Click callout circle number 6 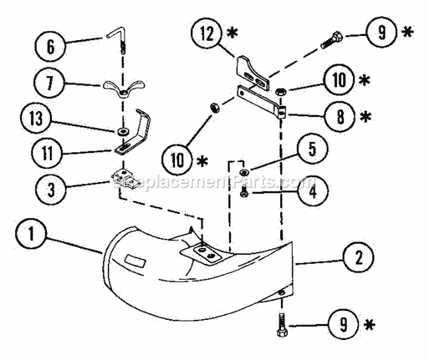tap(51, 46)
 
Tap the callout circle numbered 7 tap(49, 82)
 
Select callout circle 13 tap(36, 118)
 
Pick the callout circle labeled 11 tap(47, 152)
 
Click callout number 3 tap(51, 189)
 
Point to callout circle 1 tap(31, 234)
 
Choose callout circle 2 tap(359, 258)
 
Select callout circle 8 tap(340, 117)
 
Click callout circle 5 tap(312, 149)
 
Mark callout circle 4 tap(312, 191)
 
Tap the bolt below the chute tap(282, 326)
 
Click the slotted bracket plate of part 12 tap(252, 73)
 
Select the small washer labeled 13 tap(120, 132)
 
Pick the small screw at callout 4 tap(244, 191)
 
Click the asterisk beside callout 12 tap(232, 33)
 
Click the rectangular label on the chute tap(135, 260)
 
